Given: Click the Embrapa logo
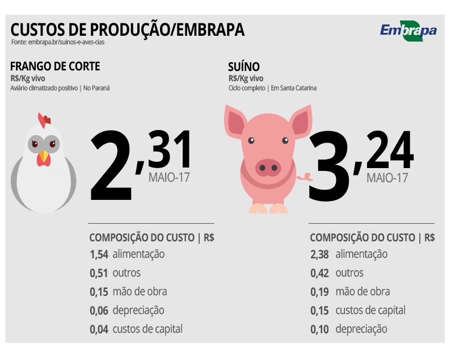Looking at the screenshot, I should click(x=408, y=31).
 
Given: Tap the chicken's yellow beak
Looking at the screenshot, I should click(x=44, y=154).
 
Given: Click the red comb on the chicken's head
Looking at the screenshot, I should click(x=44, y=120).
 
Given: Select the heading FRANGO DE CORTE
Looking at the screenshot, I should click(x=55, y=66).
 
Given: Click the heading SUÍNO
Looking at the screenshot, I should click(x=243, y=66).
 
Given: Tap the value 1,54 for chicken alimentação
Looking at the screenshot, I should click(x=99, y=254).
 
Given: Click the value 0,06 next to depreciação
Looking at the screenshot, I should click(x=99, y=310).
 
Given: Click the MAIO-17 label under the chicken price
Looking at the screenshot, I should click(x=169, y=177).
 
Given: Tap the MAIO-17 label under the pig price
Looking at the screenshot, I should click(x=387, y=177).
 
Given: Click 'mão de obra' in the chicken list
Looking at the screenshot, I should click(x=140, y=292).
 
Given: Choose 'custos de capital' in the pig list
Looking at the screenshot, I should click(x=370, y=310).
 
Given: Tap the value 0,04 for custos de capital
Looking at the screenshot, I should click(x=99, y=329).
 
